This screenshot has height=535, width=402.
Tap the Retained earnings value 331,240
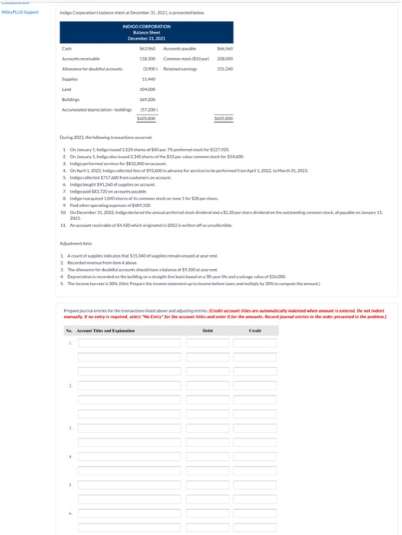pyautogui.click(x=225, y=68)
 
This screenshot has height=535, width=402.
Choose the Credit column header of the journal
pyautogui.click(x=255, y=329)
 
